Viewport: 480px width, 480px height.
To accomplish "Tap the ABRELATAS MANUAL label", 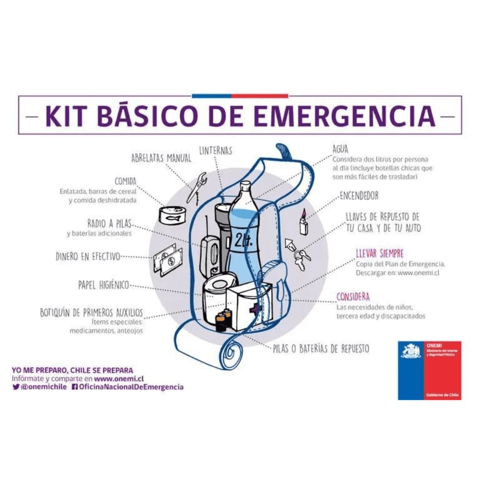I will click(161, 158).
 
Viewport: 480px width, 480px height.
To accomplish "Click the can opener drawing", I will click(196, 187).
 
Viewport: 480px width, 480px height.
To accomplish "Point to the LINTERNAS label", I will click(216, 151).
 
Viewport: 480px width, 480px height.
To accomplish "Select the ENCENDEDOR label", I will click(359, 196).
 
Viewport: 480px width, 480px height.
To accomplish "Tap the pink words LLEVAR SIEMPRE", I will click(380, 253).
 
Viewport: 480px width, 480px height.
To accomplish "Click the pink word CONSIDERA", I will click(353, 296).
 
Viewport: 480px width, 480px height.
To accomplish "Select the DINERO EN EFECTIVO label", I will click(88, 257).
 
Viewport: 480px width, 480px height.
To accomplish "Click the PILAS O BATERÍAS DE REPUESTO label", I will click(321, 349).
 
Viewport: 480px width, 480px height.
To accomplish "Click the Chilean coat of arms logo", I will click(410, 351).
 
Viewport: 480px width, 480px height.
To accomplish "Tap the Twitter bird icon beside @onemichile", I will click(16, 386).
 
